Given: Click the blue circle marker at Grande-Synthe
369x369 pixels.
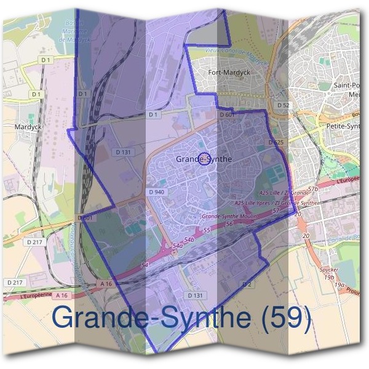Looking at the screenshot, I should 205,159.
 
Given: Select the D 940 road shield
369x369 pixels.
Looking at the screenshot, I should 156,192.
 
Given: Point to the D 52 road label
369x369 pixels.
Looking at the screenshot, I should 283,105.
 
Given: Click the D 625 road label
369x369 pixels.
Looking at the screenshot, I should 276,143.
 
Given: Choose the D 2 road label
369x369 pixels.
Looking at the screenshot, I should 247,284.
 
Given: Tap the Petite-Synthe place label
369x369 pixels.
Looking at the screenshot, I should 348,127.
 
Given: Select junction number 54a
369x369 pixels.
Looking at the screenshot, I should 178,246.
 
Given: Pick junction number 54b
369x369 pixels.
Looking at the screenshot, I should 189,239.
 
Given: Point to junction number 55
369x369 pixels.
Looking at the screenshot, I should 207,231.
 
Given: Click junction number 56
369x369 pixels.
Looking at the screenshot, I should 229,224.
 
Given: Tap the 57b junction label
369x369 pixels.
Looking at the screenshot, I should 312,189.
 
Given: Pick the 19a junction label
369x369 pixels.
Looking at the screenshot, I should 339,285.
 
